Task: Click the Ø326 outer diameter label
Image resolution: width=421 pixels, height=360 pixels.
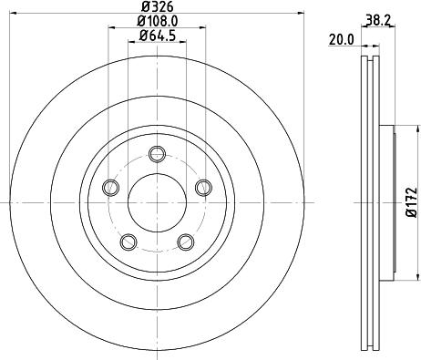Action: pyautogui.click(x=156, y=6)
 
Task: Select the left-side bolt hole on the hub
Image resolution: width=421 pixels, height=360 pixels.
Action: pyautogui.click(x=111, y=187)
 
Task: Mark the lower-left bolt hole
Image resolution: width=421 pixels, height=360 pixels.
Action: pyautogui.click(x=128, y=241)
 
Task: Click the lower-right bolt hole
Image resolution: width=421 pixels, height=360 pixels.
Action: pyautogui.click(x=185, y=241)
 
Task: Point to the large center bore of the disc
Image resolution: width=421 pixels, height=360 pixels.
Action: pyautogui.click(x=156, y=201)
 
